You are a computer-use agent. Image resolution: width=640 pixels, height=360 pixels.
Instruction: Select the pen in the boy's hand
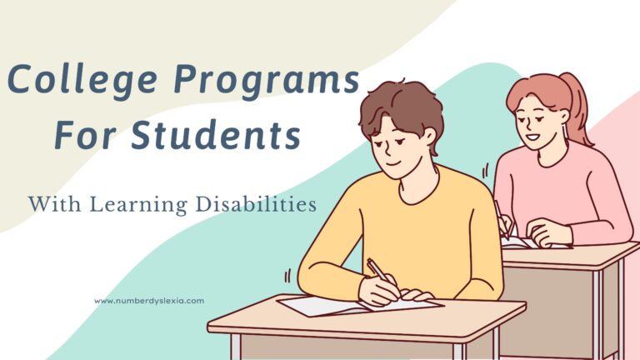[x=377, y=270]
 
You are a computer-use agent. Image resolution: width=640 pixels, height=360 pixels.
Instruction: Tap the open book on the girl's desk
[x=533, y=242]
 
